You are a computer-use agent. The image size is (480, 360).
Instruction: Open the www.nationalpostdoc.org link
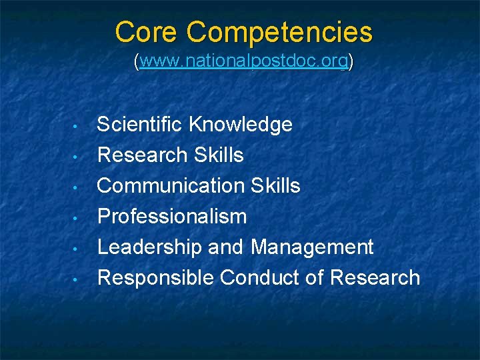pyautogui.click(x=244, y=62)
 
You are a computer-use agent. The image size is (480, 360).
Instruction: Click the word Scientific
pyautogui.click(x=139, y=124)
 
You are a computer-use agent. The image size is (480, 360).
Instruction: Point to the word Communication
pyautogui.click(x=171, y=185)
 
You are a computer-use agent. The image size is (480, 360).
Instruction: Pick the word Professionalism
pyautogui.click(x=172, y=216)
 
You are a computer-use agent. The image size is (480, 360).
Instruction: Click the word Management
pyautogui.click(x=312, y=247)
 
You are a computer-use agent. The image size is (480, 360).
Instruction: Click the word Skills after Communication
pyautogui.click(x=276, y=185)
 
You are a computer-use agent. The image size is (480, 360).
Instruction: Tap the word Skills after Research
pyautogui.click(x=219, y=155)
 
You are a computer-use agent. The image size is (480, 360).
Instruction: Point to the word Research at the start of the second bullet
pyautogui.click(x=143, y=155)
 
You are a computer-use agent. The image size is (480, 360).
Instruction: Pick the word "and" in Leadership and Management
pyautogui.click(x=226, y=247)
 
